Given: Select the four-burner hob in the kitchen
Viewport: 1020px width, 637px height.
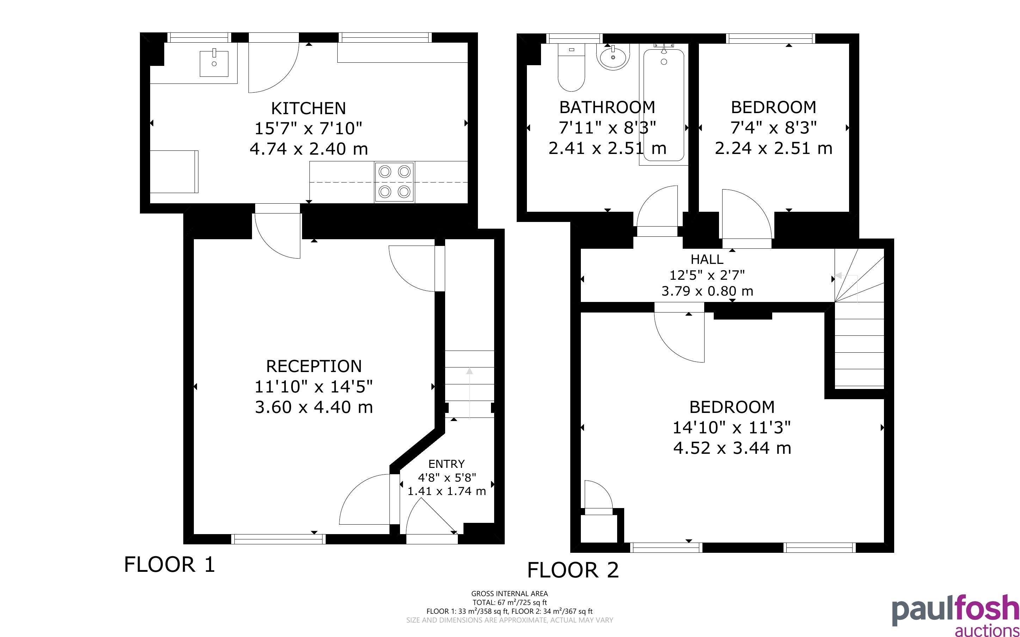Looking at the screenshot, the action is [394, 182].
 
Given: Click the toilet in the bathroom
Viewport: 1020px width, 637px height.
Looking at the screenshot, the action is [571, 67].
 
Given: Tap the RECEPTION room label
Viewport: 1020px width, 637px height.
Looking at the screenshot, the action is [314, 366].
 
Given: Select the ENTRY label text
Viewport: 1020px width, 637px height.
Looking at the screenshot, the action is [447, 464].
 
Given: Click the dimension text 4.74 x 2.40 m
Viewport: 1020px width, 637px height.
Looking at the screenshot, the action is [309, 149].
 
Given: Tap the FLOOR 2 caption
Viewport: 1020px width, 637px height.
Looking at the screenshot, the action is [573, 570].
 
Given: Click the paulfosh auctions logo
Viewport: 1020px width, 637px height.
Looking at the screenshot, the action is [955, 615].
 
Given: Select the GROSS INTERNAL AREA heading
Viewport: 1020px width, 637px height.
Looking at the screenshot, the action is [510, 594].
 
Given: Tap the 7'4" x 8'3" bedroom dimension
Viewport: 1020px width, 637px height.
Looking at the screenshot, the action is [774, 127].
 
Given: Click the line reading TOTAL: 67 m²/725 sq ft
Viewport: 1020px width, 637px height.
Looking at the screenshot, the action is [510, 602].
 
